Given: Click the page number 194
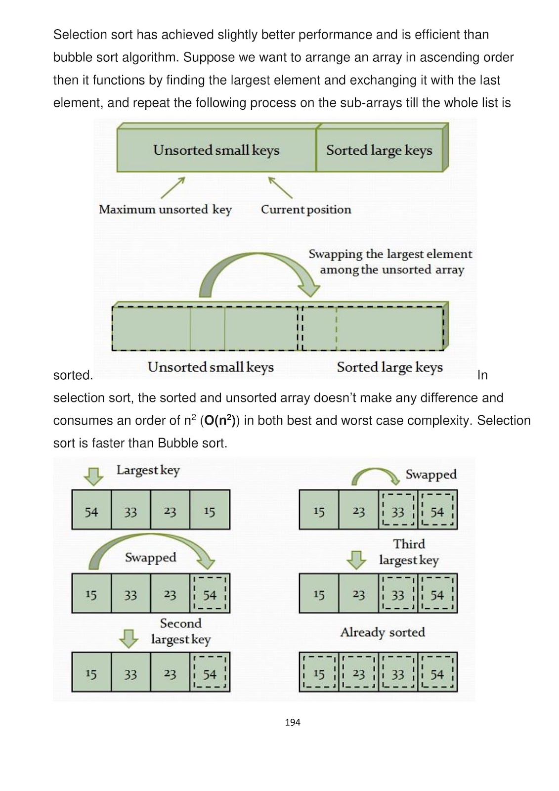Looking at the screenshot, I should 293,722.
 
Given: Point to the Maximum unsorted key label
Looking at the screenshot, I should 165,210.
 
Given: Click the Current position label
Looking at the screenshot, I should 306,210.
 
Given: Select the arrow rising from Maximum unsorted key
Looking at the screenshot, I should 173,187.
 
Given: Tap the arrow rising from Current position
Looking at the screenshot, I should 280,187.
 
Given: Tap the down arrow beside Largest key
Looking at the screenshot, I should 93,476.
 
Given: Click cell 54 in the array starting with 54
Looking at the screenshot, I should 91,512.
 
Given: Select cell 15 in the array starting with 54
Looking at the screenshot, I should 210,512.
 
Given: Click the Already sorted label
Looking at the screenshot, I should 383,632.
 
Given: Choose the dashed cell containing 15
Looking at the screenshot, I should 319,674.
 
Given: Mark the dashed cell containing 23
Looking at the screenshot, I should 359,674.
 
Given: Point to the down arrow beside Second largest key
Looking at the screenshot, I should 129,638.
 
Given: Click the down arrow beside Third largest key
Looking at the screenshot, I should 356,560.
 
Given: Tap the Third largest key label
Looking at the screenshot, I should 409,552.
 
